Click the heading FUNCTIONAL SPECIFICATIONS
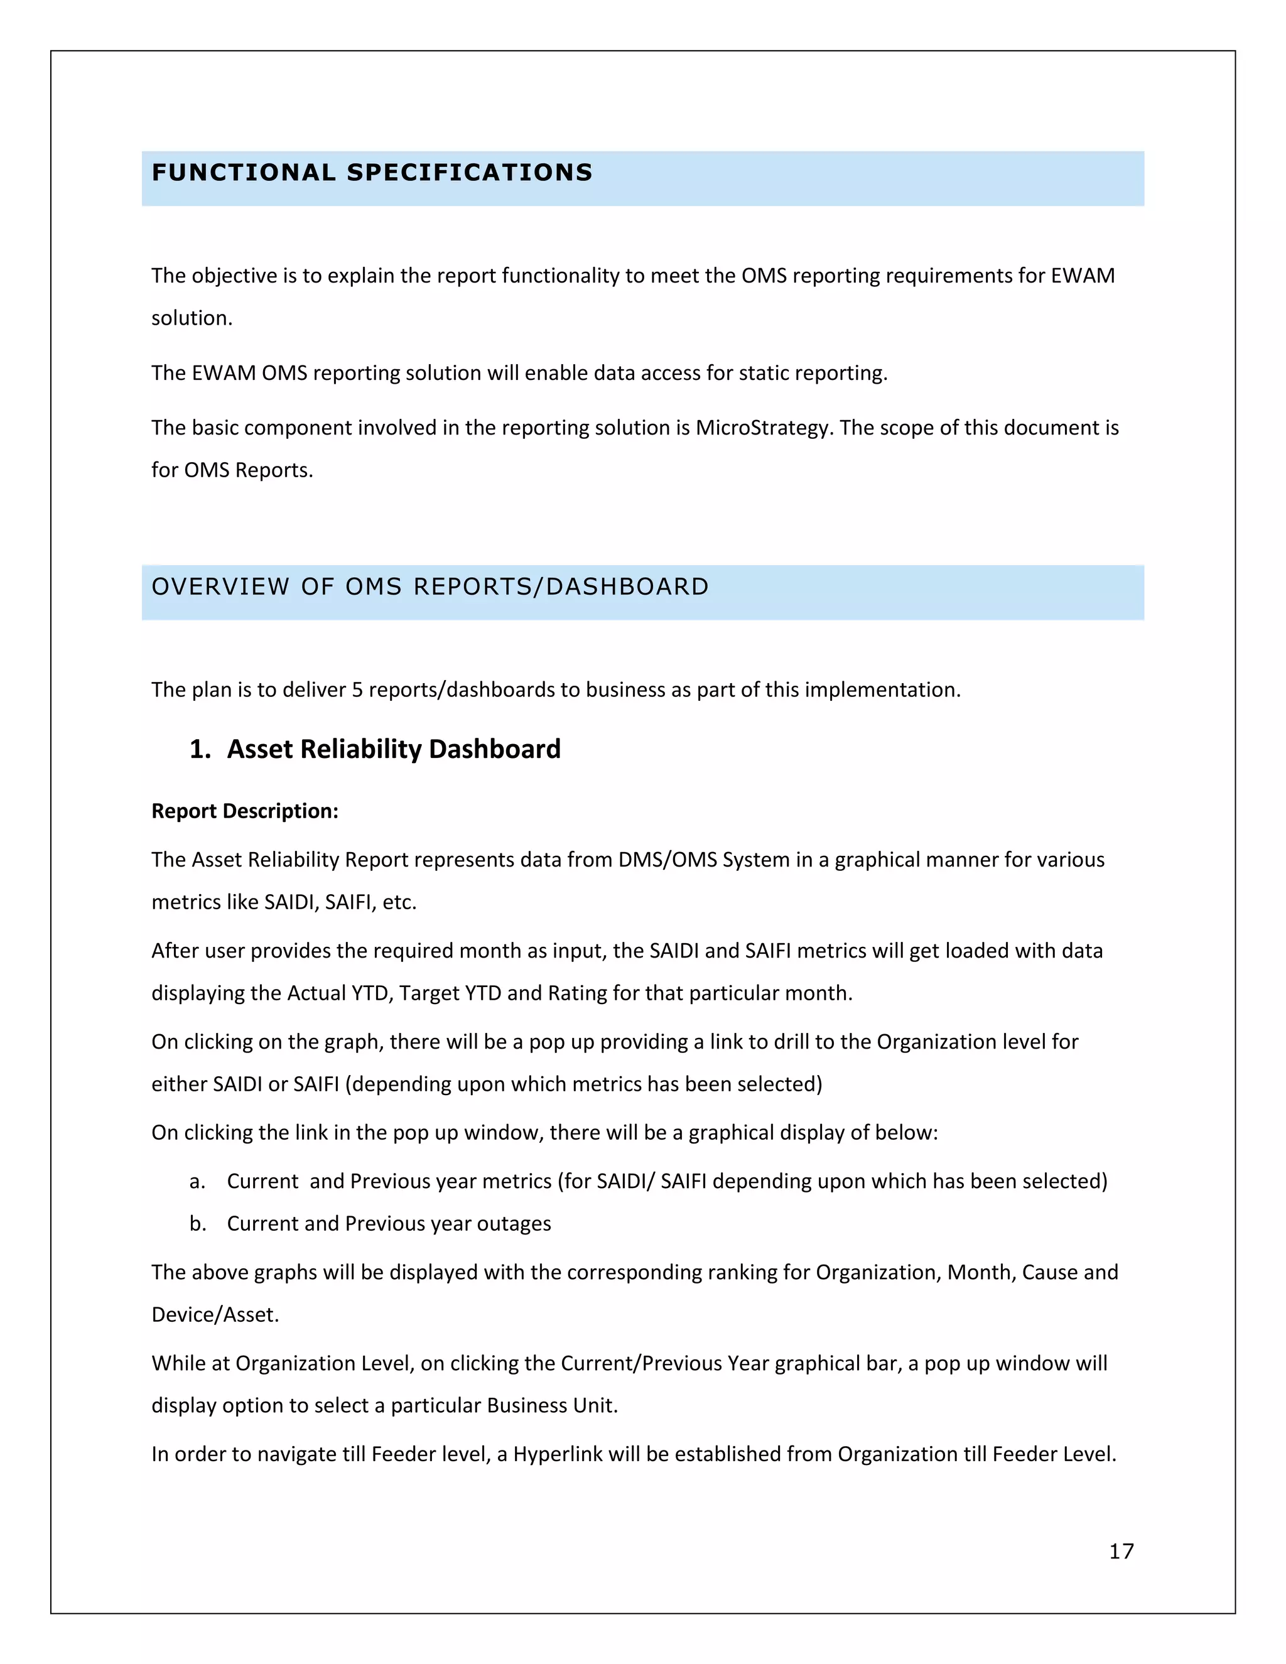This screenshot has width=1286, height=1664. (x=372, y=173)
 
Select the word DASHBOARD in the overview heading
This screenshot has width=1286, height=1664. (x=627, y=586)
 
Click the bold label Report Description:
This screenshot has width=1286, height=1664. (x=244, y=811)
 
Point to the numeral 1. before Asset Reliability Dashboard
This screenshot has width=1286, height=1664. (x=200, y=749)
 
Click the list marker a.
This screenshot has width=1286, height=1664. (x=197, y=1181)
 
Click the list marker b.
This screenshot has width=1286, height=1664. (x=197, y=1224)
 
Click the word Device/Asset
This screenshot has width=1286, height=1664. (x=214, y=1315)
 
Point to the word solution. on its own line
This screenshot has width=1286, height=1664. (x=192, y=318)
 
